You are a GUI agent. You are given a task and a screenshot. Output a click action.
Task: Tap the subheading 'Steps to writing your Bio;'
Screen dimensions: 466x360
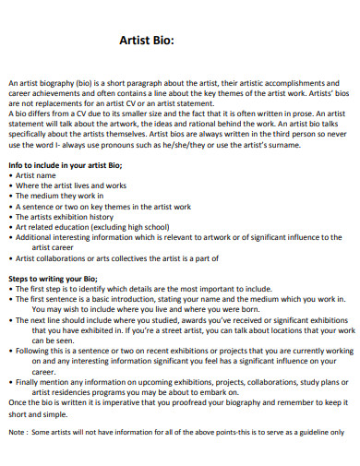tap(54, 277)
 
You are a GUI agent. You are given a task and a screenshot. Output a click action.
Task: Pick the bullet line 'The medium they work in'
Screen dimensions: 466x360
tap(57, 196)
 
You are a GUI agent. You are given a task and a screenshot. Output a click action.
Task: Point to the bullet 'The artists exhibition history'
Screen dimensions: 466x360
tap(66, 215)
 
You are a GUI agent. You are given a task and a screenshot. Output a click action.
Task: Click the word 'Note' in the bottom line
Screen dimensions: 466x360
tap(16, 431)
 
